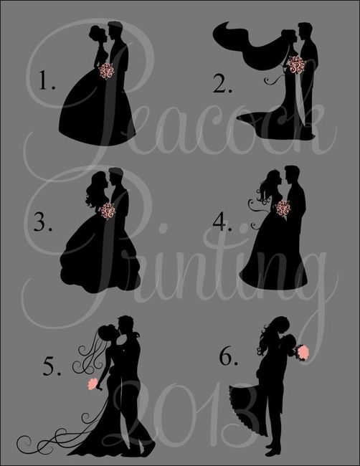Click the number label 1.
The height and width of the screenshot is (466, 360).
click(x=47, y=80)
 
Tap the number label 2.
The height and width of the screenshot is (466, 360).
click(x=222, y=83)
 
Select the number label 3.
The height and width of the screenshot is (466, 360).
click(x=43, y=222)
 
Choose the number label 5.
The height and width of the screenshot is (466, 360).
click(x=52, y=366)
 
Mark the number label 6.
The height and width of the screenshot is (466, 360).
click(x=228, y=356)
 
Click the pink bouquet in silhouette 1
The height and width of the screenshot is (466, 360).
click(x=106, y=71)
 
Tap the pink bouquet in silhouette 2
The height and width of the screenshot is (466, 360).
click(x=297, y=65)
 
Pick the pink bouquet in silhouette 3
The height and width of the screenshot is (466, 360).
click(x=108, y=211)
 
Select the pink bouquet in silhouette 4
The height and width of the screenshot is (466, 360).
click(x=283, y=208)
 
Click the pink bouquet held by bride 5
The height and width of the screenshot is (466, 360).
click(x=93, y=384)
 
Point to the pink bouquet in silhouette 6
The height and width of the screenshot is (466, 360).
click(x=303, y=352)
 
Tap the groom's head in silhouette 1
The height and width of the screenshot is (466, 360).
click(x=115, y=30)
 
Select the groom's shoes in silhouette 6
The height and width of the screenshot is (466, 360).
click(x=273, y=450)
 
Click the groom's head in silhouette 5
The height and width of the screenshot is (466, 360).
click(x=125, y=325)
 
